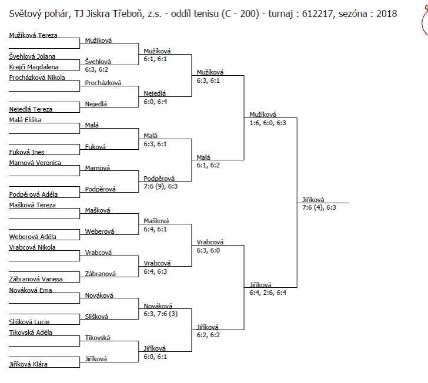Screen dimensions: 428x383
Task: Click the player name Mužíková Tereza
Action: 33,35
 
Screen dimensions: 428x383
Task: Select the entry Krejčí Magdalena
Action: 34,67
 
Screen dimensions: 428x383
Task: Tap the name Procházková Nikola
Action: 37,78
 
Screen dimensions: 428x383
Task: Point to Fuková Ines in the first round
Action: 26,152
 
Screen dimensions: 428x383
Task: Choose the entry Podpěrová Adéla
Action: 34,194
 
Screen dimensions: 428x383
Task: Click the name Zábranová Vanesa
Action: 36,279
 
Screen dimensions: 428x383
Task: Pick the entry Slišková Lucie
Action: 29,322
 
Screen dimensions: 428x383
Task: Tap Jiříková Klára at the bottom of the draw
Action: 28,364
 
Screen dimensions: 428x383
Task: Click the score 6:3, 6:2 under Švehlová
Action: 96,69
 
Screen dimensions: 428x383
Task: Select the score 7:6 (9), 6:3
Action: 160,186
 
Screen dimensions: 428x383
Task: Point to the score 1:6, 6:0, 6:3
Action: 267,123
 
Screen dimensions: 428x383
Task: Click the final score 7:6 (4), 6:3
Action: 319,207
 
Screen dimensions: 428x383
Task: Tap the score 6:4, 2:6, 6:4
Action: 267,293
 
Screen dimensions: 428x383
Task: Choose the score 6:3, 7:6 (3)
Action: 160,314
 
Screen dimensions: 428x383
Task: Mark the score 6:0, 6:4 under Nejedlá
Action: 155,102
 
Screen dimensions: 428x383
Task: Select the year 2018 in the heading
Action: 386,14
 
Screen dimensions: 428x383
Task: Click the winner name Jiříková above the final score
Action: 313,200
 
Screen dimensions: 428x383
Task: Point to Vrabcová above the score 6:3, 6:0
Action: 210,242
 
